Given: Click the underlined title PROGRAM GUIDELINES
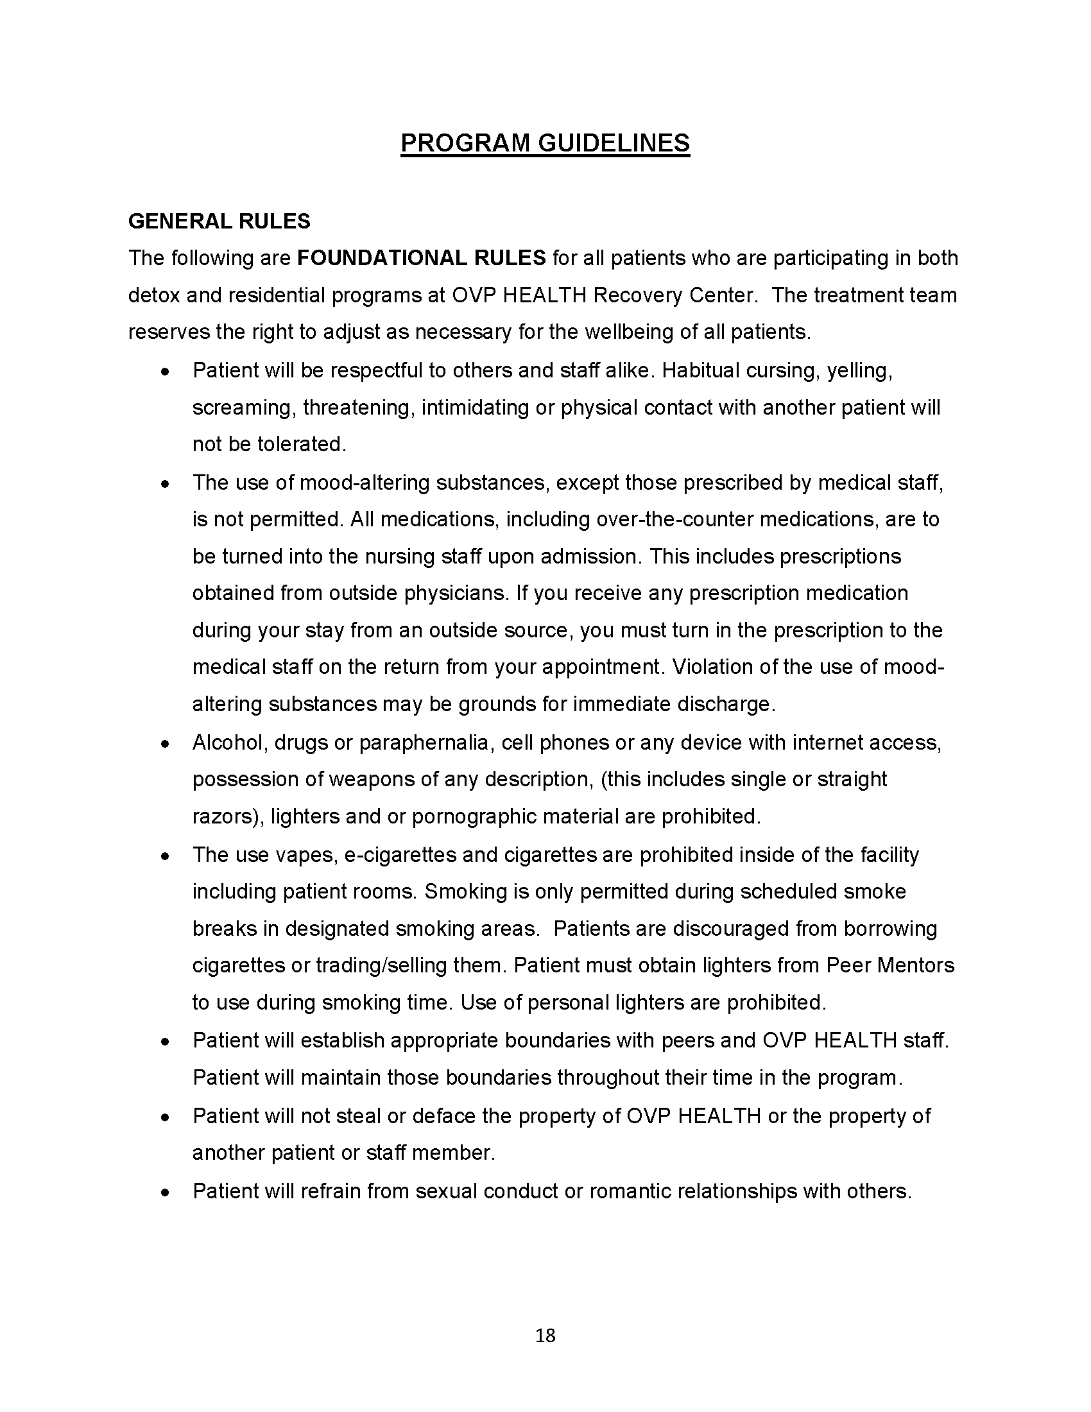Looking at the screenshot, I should tap(545, 143).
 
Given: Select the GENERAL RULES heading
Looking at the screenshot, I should tap(219, 222).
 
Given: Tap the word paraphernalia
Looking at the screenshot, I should tap(424, 743).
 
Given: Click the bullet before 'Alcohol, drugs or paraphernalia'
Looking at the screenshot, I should tap(166, 744).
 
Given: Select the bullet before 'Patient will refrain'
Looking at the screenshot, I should tap(166, 1192).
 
